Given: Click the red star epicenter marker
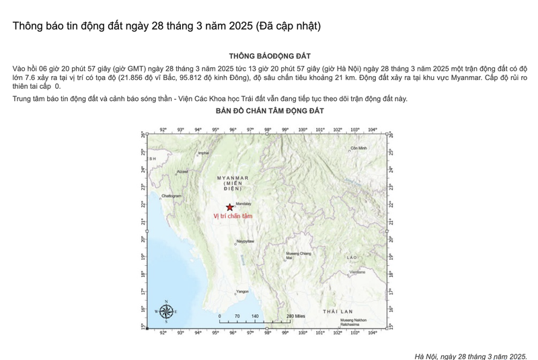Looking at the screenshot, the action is [x=231, y=207].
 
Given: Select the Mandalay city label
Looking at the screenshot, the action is [x=243, y=203].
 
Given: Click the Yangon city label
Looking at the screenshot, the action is [x=242, y=291].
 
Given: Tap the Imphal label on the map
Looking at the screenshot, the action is [x=203, y=153].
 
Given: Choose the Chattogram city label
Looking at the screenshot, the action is [x=172, y=195].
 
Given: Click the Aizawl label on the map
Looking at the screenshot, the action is [x=182, y=172].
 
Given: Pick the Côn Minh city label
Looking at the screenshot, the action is [x=359, y=147].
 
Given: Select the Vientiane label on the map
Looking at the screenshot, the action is [x=358, y=272].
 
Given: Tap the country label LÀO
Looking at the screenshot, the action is [x=352, y=257].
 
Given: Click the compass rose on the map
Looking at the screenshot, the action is [x=165, y=311].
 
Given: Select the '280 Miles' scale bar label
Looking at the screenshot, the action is [x=296, y=316].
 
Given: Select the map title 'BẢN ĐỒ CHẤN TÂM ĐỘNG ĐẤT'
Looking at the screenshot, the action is [x=270, y=110].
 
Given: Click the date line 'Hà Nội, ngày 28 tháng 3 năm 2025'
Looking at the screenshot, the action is [x=471, y=355].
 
